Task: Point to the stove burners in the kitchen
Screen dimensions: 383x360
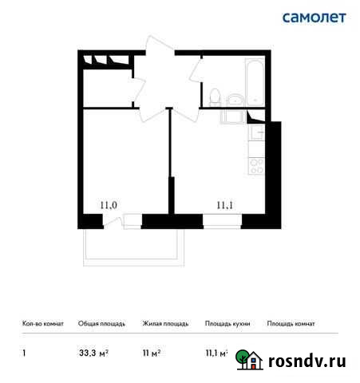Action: click(257, 167)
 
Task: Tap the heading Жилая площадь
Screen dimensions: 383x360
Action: click(165, 324)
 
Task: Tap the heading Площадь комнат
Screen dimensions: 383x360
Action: click(291, 324)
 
